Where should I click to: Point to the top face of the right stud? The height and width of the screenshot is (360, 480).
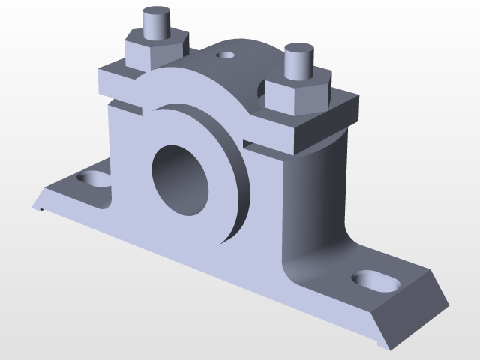[x=297, y=51]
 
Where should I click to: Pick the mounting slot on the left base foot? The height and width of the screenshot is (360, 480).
[x=92, y=179]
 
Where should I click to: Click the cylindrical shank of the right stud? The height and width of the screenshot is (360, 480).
[x=298, y=67]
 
